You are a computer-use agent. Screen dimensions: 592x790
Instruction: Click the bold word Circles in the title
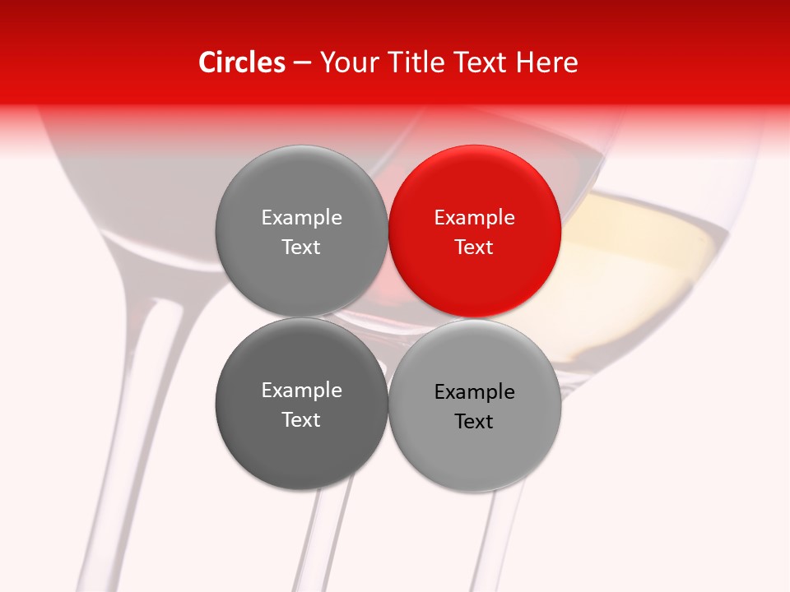pyautogui.click(x=241, y=62)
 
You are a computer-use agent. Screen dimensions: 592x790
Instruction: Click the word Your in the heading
pyautogui.click(x=346, y=62)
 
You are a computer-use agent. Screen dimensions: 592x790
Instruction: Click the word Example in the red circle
pyautogui.click(x=475, y=217)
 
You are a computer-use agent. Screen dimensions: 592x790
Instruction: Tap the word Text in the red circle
pyautogui.click(x=475, y=247)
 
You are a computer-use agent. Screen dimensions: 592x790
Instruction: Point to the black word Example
pyautogui.click(x=475, y=391)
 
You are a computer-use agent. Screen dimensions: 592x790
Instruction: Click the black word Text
pyautogui.click(x=475, y=421)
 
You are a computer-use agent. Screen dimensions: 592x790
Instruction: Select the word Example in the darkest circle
pyautogui.click(x=301, y=390)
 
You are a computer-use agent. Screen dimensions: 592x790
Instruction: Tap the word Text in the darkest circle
pyautogui.click(x=301, y=419)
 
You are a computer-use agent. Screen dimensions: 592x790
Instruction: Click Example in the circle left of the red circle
pyautogui.click(x=301, y=217)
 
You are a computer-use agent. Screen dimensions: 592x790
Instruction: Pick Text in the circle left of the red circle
pyautogui.click(x=301, y=247)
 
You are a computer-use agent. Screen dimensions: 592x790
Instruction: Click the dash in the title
pyautogui.click(x=302, y=62)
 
